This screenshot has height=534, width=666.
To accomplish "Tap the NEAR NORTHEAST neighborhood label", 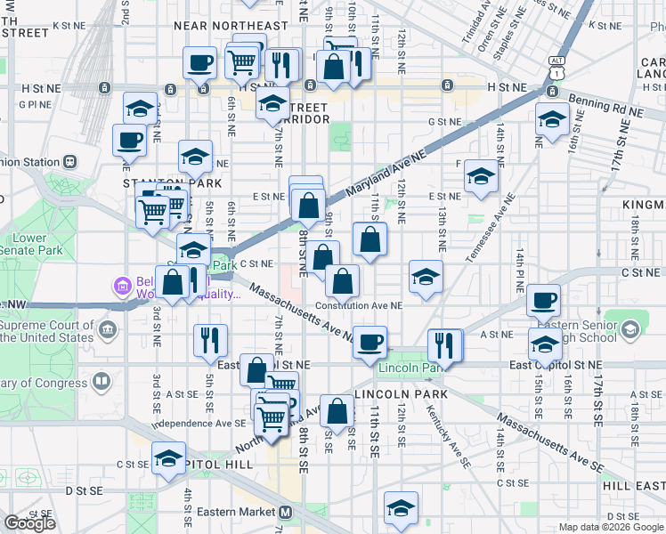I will pos(231,27).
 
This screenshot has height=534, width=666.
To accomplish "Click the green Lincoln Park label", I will pos(410,368).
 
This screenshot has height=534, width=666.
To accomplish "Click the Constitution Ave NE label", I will pos(360,305).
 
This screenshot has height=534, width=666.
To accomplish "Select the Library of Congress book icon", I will pos(102,383).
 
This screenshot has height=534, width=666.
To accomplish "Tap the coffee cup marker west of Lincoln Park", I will pos(370,342).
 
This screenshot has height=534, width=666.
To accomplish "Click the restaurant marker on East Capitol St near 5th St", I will pos(211,341).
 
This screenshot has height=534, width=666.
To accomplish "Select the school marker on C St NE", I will pos(426,276).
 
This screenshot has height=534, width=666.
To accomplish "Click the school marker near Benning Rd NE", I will pos(552,120).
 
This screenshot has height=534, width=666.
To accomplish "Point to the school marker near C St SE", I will pos(168,458).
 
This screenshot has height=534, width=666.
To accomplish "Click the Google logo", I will pos(29,523).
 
